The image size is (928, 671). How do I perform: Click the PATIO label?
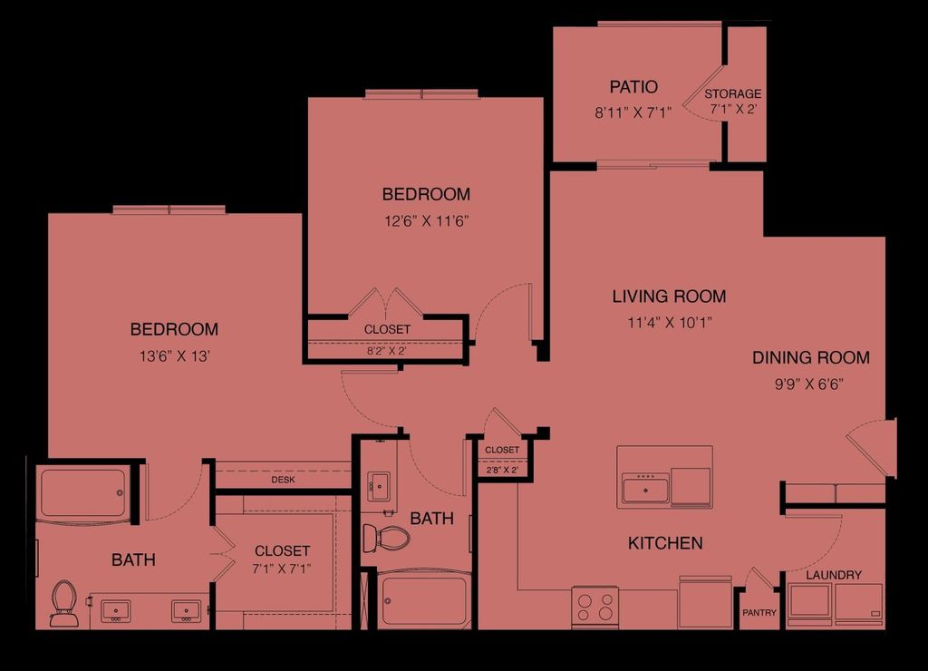(633, 87)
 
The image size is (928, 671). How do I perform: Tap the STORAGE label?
(733, 93)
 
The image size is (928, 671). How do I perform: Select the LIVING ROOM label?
(669, 297)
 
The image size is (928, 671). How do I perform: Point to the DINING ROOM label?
(810, 358)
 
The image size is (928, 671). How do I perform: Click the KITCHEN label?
(665, 543)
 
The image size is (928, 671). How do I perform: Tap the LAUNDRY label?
(833, 575)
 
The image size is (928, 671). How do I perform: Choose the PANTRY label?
(759, 613)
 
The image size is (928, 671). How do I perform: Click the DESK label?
(284, 480)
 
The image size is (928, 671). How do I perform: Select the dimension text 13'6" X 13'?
(174, 355)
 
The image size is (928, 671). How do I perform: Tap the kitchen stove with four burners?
(594, 606)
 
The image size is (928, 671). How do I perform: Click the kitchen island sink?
(645, 490)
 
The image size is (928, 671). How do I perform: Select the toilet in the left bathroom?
(63, 602)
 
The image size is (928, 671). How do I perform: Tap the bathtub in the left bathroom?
(82, 493)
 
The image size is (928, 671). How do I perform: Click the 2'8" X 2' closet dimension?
(501, 470)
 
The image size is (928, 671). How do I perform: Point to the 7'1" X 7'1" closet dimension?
(282, 569)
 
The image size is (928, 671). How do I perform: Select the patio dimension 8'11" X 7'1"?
(633, 114)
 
